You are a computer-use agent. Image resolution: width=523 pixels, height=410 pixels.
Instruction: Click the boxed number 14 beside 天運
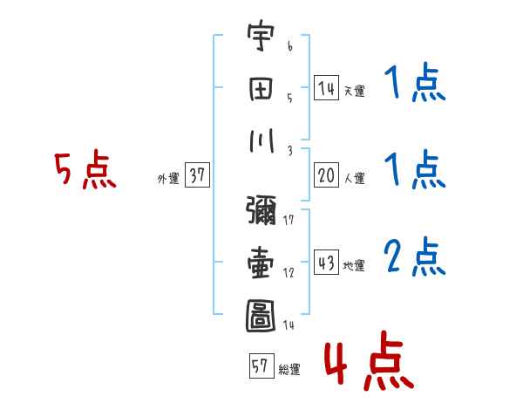click(x=326, y=88)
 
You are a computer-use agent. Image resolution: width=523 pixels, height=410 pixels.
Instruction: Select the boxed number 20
click(x=326, y=176)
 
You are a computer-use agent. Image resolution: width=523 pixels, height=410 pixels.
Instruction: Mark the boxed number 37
click(x=197, y=176)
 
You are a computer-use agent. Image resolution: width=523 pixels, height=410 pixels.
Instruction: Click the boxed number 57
click(x=261, y=366)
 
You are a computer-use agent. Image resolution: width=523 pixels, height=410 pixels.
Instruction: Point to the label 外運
click(x=167, y=178)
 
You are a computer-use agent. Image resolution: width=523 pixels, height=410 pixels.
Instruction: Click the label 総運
click(x=289, y=369)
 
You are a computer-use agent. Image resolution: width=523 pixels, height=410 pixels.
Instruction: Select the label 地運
click(x=354, y=265)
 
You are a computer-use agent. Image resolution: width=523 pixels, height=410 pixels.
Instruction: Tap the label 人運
click(x=354, y=178)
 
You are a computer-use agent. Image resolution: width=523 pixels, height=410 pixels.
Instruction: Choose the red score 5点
click(x=85, y=171)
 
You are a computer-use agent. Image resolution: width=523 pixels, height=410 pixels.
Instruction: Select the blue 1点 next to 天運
click(x=415, y=85)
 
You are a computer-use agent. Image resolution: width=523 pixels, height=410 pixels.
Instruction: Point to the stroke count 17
click(x=289, y=219)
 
